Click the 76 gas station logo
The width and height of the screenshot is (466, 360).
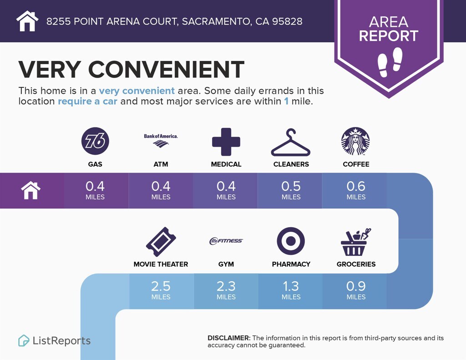(95, 141)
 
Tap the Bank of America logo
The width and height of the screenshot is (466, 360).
(161, 140)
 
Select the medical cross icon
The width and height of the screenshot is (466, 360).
(226, 142)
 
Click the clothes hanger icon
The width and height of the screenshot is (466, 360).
(291, 142)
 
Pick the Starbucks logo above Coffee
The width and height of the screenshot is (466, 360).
(355, 141)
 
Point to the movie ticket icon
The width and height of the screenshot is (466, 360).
(161, 242)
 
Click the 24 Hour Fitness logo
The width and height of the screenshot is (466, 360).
(226, 241)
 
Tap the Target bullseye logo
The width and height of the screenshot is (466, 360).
(291, 241)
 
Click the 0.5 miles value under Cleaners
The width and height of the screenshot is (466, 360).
(291, 190)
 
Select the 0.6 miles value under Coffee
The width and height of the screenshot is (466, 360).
(356, 190)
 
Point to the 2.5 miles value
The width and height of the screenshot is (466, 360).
(161, 290)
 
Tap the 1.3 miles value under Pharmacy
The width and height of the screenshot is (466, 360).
(291, 290)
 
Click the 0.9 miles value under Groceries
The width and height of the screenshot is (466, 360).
(356, 290)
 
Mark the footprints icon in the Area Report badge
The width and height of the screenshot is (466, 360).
(390, 62)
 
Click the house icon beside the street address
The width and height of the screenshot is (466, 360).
(27, 21)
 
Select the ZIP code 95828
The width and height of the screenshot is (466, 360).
(287, 21)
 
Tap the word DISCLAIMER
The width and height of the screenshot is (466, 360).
(229, 338)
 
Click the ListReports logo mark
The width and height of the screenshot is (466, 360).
(24, 341)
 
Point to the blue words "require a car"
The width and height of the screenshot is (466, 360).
(87, 101)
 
